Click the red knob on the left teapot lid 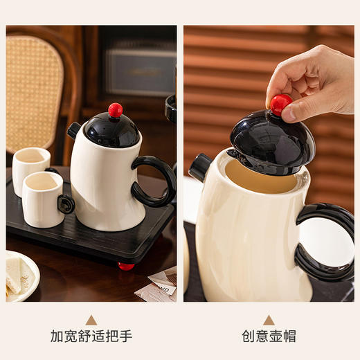[115, 110]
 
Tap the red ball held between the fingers [280, 104]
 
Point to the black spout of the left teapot [74, 129]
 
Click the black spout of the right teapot [201, 166]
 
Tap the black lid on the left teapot [112, 131]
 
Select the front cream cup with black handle [43, 199]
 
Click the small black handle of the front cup [66, 204]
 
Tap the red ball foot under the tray [126, 266]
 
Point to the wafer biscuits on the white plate [19, 273]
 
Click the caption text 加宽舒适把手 [91, 337]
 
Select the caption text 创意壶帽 [269, 337]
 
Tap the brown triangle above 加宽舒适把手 [91, 320]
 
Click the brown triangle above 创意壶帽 [269, 320]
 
